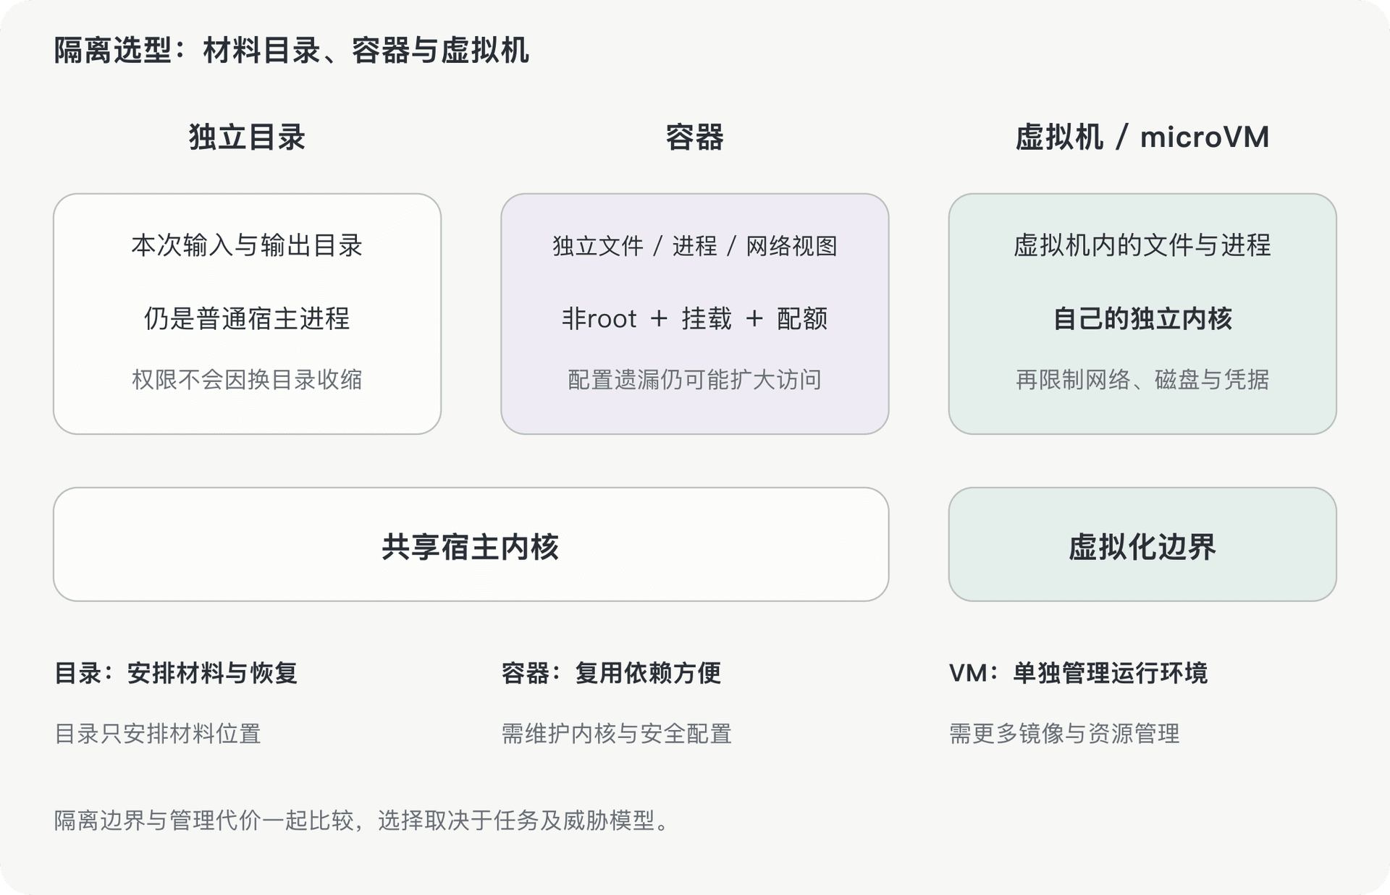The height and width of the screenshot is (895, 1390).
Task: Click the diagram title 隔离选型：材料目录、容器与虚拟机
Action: coord(292,51)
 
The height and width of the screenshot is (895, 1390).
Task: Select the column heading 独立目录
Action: coord(247,137)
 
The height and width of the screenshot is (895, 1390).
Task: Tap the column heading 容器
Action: coord(694,137)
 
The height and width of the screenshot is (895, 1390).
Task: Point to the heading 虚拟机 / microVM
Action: coord(1142,137)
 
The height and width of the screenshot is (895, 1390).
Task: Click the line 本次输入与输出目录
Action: coord(247,245)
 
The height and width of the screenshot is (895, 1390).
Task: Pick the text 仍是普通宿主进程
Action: coord(247,318)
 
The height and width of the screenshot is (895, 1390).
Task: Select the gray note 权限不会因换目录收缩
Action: coord(247,379)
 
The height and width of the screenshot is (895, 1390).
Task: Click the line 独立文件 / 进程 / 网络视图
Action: coord(694,246)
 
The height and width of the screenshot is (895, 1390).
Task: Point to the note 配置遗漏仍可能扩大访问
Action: coord(694,379)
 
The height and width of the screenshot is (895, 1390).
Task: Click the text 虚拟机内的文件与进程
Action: coord(1142,245)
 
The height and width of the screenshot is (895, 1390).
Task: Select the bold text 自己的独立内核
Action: coord(1142,318)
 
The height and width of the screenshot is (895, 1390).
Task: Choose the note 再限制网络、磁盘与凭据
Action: coord(1142,379)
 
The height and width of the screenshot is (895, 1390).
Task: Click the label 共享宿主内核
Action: coord(471,547)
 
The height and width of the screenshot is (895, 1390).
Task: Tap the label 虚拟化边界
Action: coord(1142,547)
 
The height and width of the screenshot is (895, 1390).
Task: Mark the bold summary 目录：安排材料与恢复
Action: coord(176,673)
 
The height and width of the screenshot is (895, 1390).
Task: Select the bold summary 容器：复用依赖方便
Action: coord(611,673)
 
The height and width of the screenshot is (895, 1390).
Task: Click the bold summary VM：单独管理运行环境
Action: coord(1078,673)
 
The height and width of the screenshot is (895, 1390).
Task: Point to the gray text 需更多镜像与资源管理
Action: coord(1064,734)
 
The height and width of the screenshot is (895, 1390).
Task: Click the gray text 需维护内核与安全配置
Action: coord(616,734)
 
